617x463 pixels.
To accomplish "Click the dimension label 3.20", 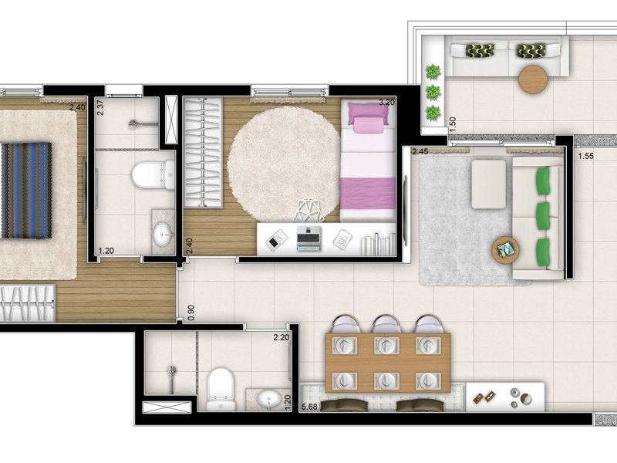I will [x=386, y=102].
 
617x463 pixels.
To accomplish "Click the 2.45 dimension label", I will [x=420, y=151].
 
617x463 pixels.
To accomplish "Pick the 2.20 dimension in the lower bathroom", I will [x=281, y=337].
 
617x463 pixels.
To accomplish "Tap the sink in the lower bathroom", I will [x=269, y=399].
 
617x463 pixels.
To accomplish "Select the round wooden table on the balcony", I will [x=532, y=79].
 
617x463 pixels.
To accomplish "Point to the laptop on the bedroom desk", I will [x=308, y=238].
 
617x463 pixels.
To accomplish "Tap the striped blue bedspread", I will [x=25, y=190].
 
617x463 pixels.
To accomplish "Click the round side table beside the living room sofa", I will [x=507, y=249].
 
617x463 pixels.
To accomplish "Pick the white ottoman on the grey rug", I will [x=489, y=183].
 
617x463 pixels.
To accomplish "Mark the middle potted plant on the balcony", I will [x=433, y=93].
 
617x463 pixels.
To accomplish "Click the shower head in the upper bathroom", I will [x=136, y=123].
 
